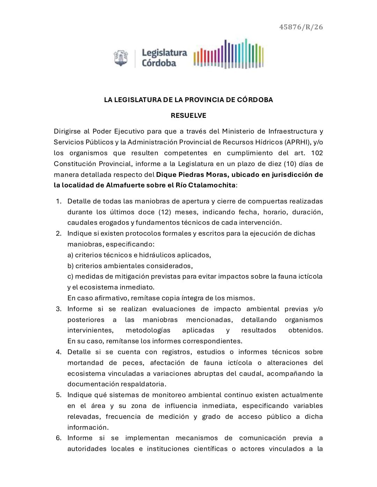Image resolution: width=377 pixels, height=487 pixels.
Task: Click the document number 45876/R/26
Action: (x=301, y=27)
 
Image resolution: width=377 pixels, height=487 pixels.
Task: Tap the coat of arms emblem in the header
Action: (x=120, y=58)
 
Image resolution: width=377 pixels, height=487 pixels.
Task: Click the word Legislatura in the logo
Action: (x=164, y=53)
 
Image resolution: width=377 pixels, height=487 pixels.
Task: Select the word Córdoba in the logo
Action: (x=159, y=63)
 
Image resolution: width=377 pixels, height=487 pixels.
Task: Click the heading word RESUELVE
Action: (x=188, y=115)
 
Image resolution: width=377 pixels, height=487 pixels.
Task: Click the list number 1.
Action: (x=59, y=201)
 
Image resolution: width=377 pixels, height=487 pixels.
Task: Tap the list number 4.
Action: (x=59, y=352)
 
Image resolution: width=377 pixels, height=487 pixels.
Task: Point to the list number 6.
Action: (x=59, y=438)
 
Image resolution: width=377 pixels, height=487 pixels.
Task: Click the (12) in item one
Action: (x=164, y=212)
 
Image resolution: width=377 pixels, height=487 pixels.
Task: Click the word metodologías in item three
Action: (x=148, y=330)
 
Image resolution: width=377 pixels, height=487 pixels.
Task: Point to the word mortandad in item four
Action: (x=84, y=363)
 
